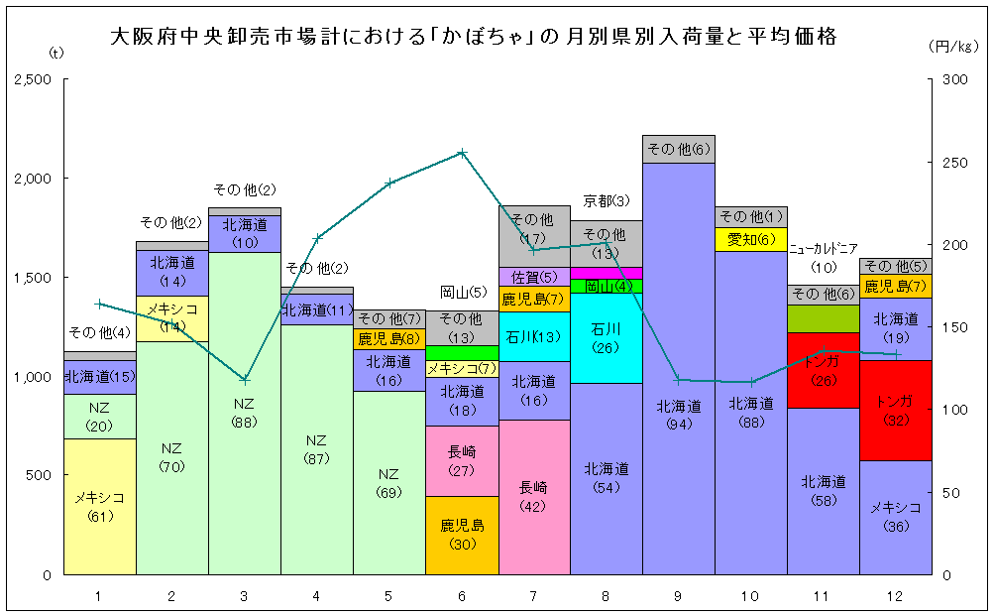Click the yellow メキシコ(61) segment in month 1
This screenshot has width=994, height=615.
click(x=100, y=507)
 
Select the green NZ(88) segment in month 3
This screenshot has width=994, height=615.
click(x=245, y=413)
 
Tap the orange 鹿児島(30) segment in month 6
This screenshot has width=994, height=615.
click(x=462, y=535)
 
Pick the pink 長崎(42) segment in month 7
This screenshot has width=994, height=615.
click(x=534, y=497)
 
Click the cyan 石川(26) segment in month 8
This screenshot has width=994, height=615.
click(x=607, y=337)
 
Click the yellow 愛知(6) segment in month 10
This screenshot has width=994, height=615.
click(x=751, y=239)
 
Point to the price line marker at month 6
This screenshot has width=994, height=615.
click(x=462, y=153)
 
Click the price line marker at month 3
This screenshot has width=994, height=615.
click(x=245, y=380)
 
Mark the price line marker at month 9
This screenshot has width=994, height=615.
click(x=679, y=380)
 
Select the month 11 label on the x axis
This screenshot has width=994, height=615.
click(x=823, y=595)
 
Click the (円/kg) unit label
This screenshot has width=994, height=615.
click(x=954, y=46)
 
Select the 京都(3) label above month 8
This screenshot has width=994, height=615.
click(x=607, y=201)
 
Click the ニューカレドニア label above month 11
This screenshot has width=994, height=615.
click(x=824, y=249)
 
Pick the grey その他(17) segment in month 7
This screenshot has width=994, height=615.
click(x=534, y=229)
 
